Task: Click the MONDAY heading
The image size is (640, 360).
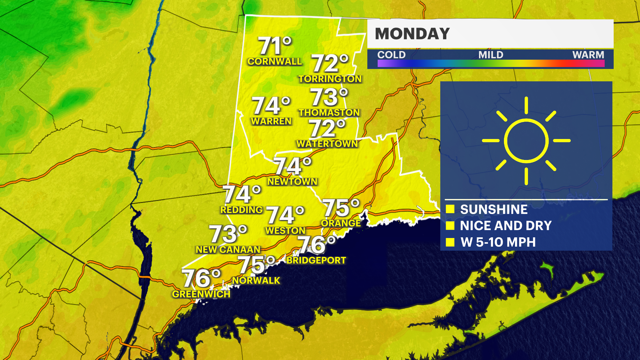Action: pos(412,34)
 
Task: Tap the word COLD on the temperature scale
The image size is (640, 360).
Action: pos(391,55)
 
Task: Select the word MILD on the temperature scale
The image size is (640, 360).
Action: pos(491,55)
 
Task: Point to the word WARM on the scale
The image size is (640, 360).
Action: pos(588,55)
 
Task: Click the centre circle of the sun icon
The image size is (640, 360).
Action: pos(526,141)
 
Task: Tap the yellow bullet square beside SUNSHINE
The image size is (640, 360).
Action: pos(450,209)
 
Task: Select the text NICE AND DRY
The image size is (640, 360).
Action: pos(506,226)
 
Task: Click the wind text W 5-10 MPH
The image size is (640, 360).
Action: pos(498,242)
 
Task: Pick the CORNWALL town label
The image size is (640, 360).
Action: pos(274,62)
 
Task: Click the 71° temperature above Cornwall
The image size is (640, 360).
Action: pos(274,46)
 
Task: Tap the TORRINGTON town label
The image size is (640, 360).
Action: pos(330,79)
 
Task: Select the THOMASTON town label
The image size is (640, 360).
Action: pos(329,113)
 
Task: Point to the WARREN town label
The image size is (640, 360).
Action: pos(271,121)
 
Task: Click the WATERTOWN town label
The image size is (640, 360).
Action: pos(327,144)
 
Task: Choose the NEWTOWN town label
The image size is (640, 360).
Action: pos(292,182)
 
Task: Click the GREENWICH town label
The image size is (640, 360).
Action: pos(201,294)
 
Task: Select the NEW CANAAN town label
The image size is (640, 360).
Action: pos(228,250)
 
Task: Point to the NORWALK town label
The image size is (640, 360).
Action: pos(256,281)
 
